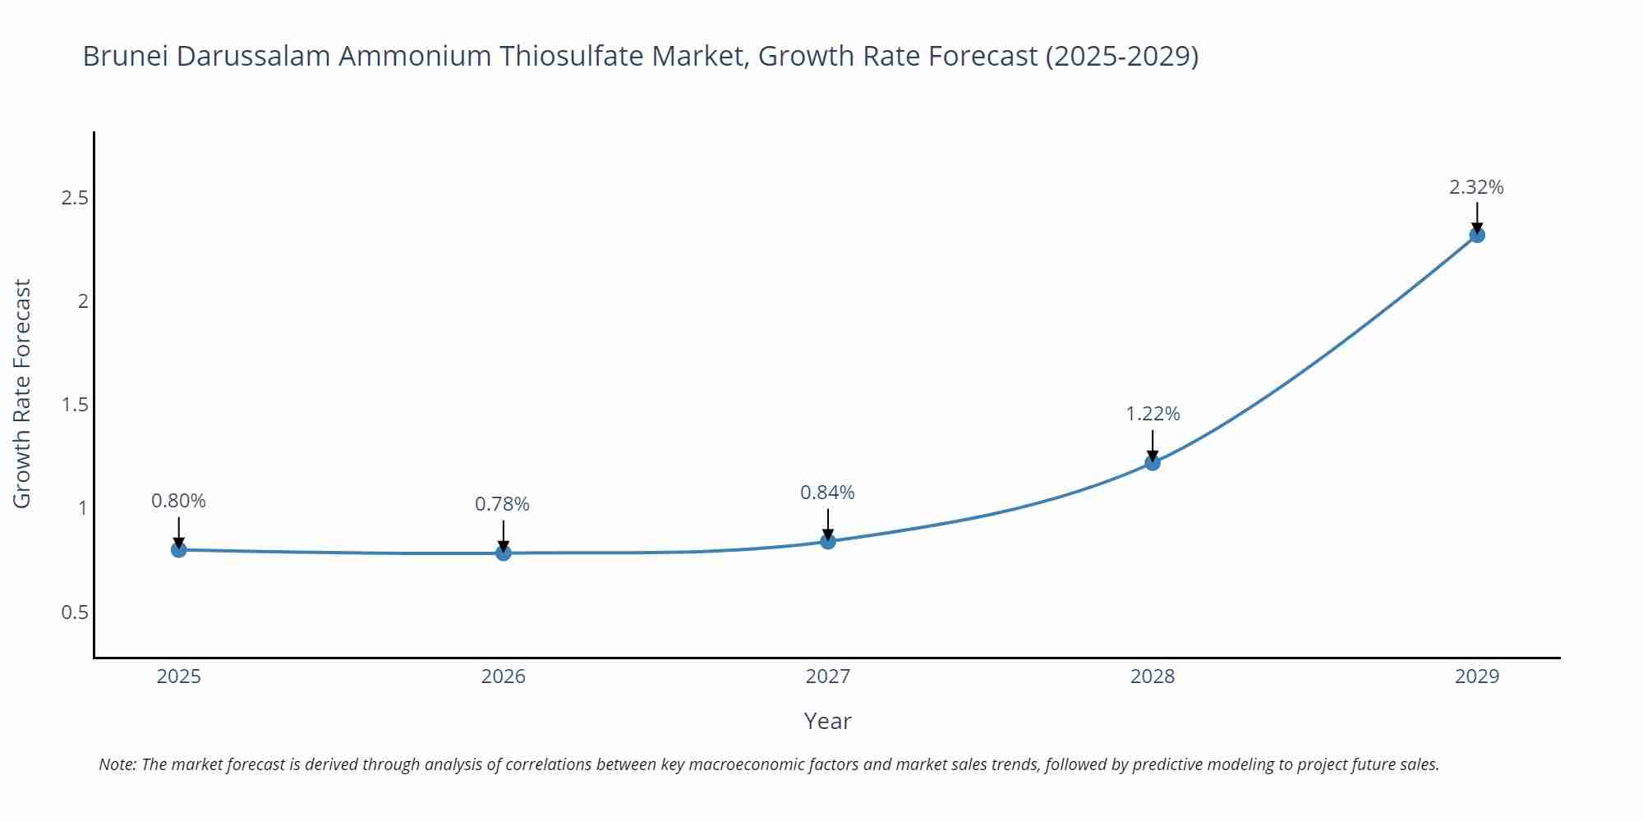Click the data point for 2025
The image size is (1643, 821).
tap(179, 549)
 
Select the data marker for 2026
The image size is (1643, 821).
tap(504, 553)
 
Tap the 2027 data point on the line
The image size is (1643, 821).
tap(828, 541)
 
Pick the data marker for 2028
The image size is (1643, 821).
tap(1153, 462)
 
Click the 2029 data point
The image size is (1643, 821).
tap(1477, 235)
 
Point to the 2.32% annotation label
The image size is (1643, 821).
tap(1476, 187)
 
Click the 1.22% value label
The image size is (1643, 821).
tap(1153, 414)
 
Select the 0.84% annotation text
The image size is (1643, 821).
tap(827, 493)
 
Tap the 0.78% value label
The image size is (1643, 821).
tap(502, 504)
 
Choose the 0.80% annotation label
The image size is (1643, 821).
tap(178, 501)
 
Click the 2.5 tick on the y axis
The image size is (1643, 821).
tap(75, 198)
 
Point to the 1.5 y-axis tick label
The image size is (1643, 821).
tap(75, 405)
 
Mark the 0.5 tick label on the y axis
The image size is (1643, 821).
tap(75, 612)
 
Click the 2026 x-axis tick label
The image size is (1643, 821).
tap(504, 677)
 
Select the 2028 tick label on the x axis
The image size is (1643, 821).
tap(1153, 677)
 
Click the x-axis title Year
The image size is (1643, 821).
tap(827, 721)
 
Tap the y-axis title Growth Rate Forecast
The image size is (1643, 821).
tap(22, 393)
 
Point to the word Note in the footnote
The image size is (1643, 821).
tap(117, 764)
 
